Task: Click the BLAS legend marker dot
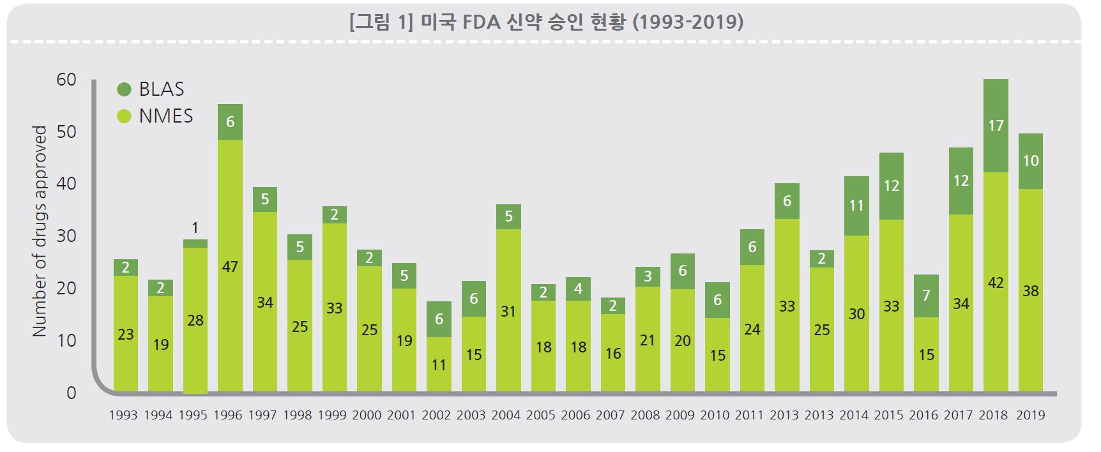[x=125, y=89]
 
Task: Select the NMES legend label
[x=165, y=116]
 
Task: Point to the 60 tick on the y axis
[x=66, y=80]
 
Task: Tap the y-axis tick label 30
[x=66, y=236]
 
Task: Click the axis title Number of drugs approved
[x=40, y=231]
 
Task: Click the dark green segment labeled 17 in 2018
[x=996, y=126]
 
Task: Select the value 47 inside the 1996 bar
[x=230, y=267]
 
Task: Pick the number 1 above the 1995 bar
[x=195, y=228]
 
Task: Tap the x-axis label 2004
[x=506, y=416]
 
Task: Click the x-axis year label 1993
[x=123, y=416]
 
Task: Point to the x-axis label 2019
[x=1030, y=416]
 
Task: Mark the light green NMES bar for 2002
[x=439, y=365]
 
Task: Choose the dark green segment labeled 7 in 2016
[x=926, y=296]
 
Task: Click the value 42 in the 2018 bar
[x=996, y=283]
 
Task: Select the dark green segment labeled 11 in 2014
[x=856, y=206]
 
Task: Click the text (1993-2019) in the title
[x=688, y=22]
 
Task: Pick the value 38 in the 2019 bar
[x=1030, y=291]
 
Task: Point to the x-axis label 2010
[x=715, y=416]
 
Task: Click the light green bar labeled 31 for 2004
[x=508, y=312]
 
